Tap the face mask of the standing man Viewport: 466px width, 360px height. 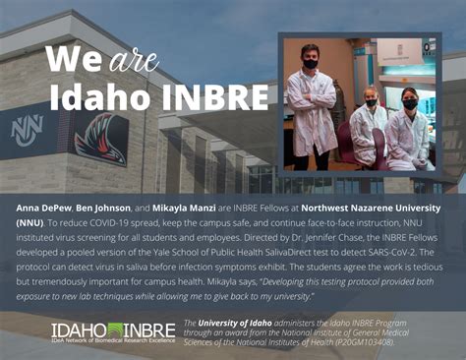(311, 64)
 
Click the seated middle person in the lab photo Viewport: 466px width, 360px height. (370, 123)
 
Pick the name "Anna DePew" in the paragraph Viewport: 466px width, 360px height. (45, 210)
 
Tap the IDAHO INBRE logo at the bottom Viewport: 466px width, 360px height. (114, 330)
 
